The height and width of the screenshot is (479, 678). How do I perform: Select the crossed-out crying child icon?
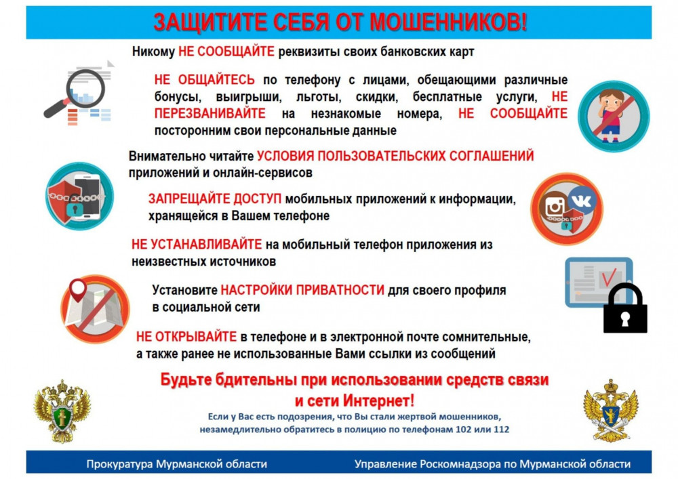pyautogui.click(x=614, y=116)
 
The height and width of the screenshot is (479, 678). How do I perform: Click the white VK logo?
pyautogui.click(x=582, y=201)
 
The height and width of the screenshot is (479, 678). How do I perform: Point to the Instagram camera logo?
pyautogui.click(x=555, y=207)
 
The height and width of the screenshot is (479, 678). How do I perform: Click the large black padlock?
pyautogui.click(x=625, y=308)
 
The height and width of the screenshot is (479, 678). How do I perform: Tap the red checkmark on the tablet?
pyautogui.click(x=608, y=276)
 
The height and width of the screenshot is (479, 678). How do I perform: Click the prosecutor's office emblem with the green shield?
pyautogui.click(x=62, y=411)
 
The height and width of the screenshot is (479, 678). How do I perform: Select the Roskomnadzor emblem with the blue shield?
pyautogui.click(x=611, y=411)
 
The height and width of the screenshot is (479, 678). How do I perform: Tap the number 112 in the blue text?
pyautogui.click(x=502, y=430)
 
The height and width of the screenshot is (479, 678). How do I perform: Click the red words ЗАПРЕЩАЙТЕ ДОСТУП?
pyautogui.click(x=215, y=199)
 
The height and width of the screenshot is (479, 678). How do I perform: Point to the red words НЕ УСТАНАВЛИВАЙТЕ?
pyautogui.click(x=197, y=245)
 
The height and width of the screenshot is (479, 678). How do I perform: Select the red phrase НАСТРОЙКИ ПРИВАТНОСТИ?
pyautogui.click(x=302, y=290)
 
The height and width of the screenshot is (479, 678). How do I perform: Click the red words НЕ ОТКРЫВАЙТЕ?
pyautogui.click(x=186, y=337)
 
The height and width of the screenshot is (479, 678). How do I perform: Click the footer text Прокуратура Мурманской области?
pyautogui.click(x=176, y=464)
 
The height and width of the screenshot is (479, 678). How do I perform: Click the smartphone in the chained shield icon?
pyautogui.click(x=88, y=196)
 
